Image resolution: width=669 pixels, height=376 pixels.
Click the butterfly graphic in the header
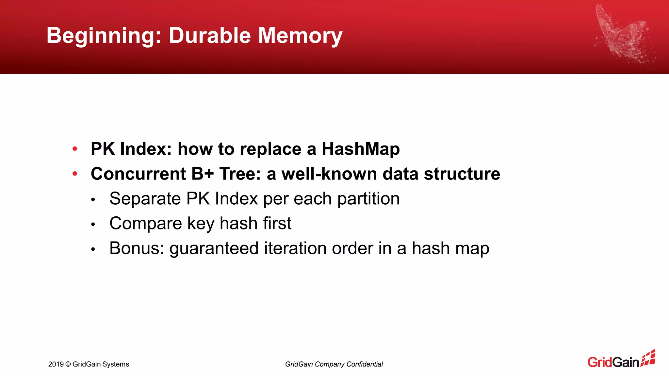coord(622,36)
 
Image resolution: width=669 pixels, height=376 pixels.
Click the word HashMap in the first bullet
coord(361,149)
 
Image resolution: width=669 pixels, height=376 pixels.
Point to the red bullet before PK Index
coord(75,149)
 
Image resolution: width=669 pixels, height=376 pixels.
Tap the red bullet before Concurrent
coord(75,174)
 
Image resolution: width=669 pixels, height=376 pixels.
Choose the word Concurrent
coord(138,174)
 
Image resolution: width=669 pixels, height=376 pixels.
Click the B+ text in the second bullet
coord(202,174)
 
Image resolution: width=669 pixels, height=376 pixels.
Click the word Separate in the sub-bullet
coord(145,199)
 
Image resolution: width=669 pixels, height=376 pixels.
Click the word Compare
coord(145,224)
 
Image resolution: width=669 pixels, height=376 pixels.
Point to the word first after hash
coord(277,224)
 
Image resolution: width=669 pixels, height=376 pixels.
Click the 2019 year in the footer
coord(56,364)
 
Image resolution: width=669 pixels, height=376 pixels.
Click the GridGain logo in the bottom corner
coord(621,359)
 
